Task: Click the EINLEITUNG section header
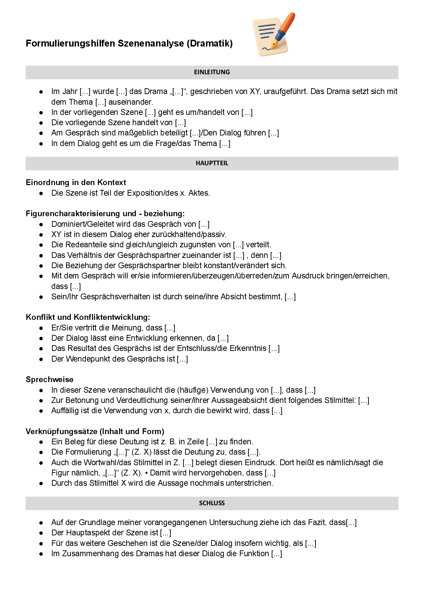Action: [212, 72]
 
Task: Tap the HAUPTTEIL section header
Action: [212, 163]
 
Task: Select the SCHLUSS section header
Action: [212, 503]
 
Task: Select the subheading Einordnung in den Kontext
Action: [76, 182]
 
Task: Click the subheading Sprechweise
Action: [50, 379]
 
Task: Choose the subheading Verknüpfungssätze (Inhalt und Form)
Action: [95, 431]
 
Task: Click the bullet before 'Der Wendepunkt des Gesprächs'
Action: [41, 359]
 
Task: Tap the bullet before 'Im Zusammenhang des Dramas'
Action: [41, 554]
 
